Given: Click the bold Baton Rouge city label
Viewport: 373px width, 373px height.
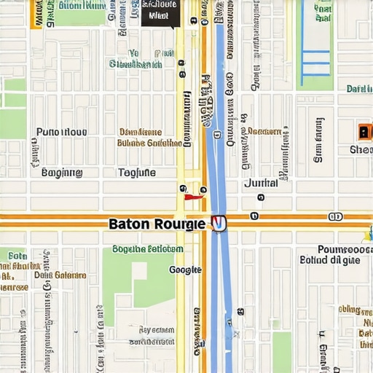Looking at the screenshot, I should [x=157, y=224].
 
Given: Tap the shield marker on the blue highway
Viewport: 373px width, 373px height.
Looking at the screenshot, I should [x=218, y=224].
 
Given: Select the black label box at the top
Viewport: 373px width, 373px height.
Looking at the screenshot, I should [x=160, y=12].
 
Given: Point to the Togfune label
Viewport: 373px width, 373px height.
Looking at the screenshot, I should [x=136, y=173].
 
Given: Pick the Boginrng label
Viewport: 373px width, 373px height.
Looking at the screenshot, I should [x=62, y=173].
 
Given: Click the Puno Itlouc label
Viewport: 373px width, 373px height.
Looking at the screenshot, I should [x=61, y=132].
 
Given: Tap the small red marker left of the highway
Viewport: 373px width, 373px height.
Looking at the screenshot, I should [x=192, y=196].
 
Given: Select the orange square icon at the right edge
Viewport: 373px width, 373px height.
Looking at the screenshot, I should [x=364, y=132].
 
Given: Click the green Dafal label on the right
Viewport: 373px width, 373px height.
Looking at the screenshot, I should [x=358, y=89].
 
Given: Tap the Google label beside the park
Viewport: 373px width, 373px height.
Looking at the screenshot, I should [x=185, y=270].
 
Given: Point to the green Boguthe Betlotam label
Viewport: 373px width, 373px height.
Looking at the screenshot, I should [x=147, y=248].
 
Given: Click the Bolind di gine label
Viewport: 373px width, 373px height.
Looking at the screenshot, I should [x=329, y=259].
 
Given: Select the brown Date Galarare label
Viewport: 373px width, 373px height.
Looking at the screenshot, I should [x=60, y=275].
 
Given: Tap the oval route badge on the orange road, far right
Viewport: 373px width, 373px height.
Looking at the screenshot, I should [x=335, y=216].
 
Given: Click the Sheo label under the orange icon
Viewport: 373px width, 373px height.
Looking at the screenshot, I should [x=361, y=149].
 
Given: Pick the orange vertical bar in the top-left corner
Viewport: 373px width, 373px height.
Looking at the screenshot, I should [x=36, y=13].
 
